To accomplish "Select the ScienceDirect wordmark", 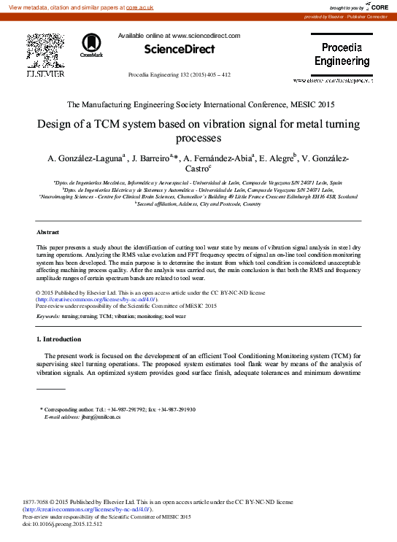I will (x=180, y=50).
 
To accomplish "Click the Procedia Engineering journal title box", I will (x=342, y=55).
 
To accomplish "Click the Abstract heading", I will (x=47, y=231).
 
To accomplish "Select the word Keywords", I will (x=47, y=317).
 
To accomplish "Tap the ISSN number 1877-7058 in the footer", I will (x=38, y=503).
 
